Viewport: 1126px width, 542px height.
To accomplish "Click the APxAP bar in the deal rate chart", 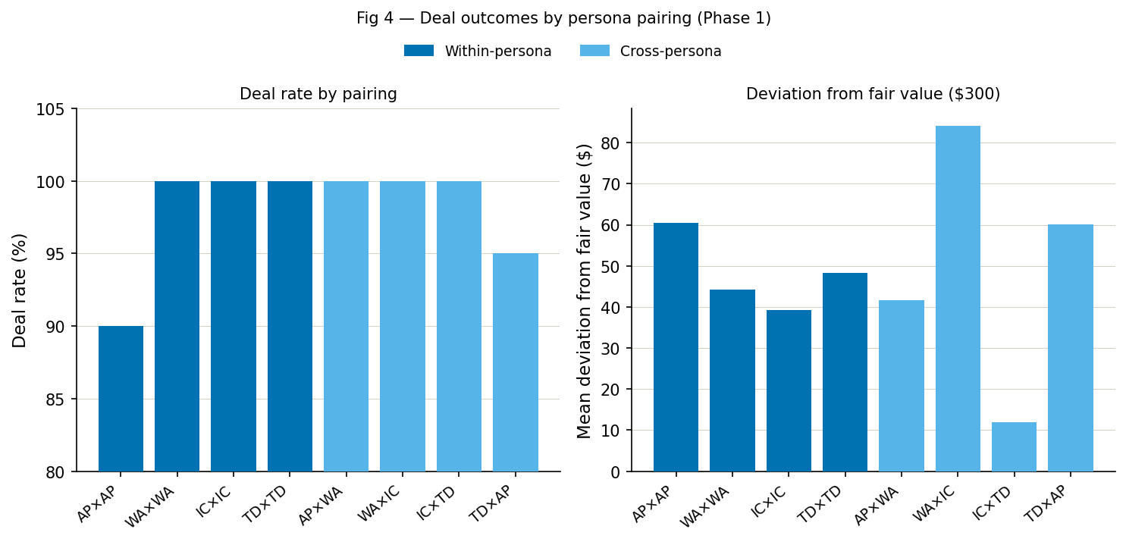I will tap(121, 399).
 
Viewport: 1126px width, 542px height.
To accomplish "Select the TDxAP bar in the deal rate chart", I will tap(515, 362).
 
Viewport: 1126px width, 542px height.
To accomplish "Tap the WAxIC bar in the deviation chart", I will tap(958, 299).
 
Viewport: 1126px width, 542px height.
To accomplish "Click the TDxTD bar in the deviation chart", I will tap(845, 372).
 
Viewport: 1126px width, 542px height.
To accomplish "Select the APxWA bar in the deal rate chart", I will tap(346, 326).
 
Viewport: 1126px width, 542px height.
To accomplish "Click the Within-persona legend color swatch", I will tap(419, 51).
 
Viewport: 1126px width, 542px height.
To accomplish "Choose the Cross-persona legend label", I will tap(670, 52).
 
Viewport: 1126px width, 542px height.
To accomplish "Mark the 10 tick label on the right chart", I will tap(611, 431).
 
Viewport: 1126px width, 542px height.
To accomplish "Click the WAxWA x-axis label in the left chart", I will tap(151, 506).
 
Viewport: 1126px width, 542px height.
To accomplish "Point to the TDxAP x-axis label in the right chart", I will tap(1046, 503).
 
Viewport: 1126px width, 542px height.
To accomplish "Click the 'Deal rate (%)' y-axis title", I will tap(20, 290).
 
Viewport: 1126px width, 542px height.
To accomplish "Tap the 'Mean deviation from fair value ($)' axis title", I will tap(584, 290).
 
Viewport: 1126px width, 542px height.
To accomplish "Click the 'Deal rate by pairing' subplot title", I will tap(318, 95).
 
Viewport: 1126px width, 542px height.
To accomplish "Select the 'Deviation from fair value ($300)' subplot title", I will tap(873, 95).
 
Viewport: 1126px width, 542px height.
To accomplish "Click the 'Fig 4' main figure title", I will tap(563, 19).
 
